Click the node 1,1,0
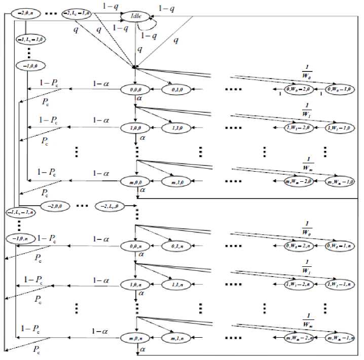click(x=177, y=128)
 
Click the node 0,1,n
click(x=177, y=246)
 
